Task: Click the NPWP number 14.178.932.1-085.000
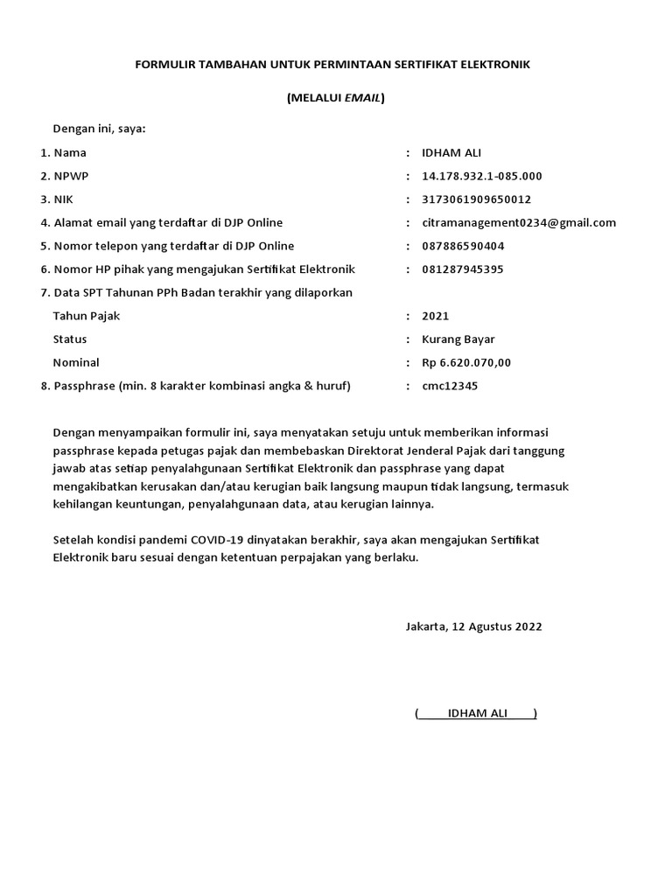coord(481,176)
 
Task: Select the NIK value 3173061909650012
coord(476,199)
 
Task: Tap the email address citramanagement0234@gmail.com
coord(519,222)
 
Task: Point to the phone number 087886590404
coord(463,246)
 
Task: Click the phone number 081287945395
coord(463,269)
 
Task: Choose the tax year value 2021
coord(435,316)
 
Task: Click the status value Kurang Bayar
coord(458,339)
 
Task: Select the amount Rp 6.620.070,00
coord(465,362)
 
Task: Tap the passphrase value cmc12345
coord(450,386)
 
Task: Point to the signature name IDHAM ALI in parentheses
coord(477,714)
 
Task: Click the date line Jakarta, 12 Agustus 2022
coord(473,626)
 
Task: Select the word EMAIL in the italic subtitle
coord(361,98)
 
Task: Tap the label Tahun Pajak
coord(87,316)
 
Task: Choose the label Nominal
coord(76,362)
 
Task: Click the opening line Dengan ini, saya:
coord(99,129)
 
